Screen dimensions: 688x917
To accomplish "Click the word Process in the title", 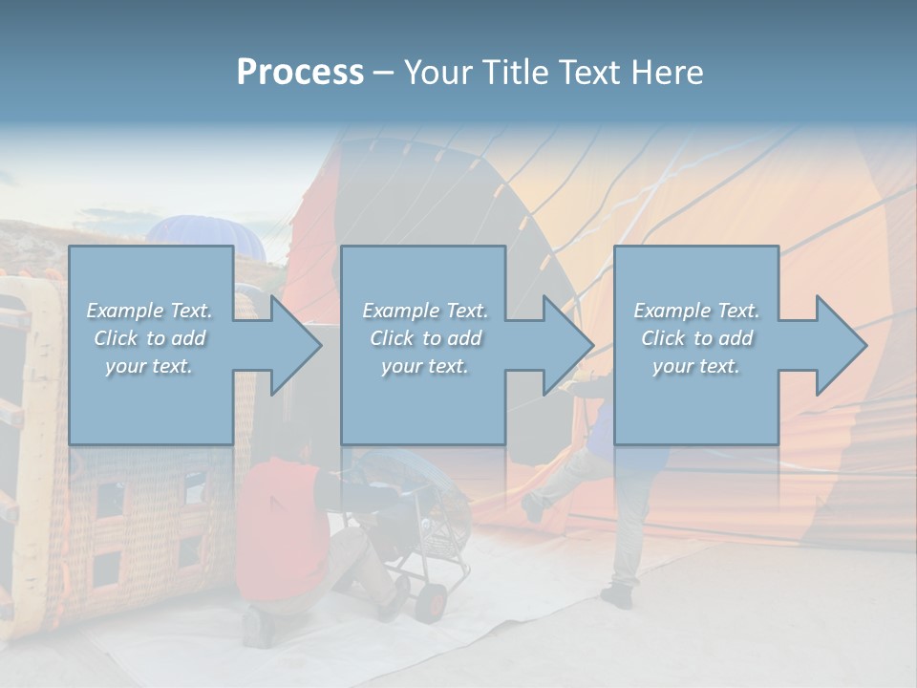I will (300, 73).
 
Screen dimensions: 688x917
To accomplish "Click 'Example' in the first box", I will (125, 311).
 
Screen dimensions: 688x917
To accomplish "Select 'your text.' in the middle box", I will (424, 366).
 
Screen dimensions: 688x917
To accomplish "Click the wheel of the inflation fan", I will (433, 599).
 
